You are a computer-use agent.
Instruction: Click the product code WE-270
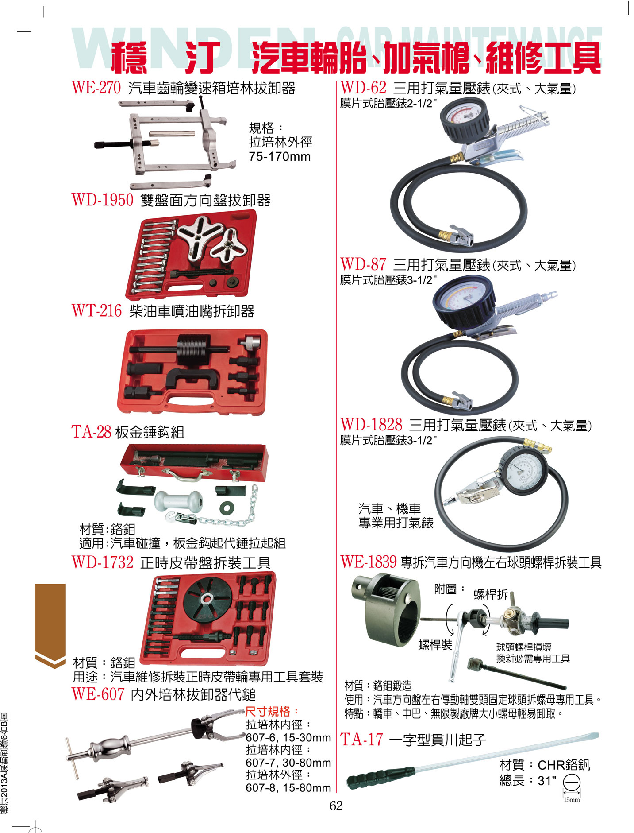click(96, 88)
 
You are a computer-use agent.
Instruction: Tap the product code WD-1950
click(102, 200)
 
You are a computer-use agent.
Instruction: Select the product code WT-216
click(96, 310)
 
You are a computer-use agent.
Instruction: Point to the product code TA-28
click(91, 431)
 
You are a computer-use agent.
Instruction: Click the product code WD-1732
click(102, 562)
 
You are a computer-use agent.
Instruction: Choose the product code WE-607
click(98, 694)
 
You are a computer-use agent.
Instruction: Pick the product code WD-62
click(363, 88)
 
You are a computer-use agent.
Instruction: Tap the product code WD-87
click(363, 264)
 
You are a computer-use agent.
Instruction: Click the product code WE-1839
click(369, 562)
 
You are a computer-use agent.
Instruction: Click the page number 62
click(336, 806)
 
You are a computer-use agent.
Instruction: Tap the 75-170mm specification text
click(280, 157)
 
